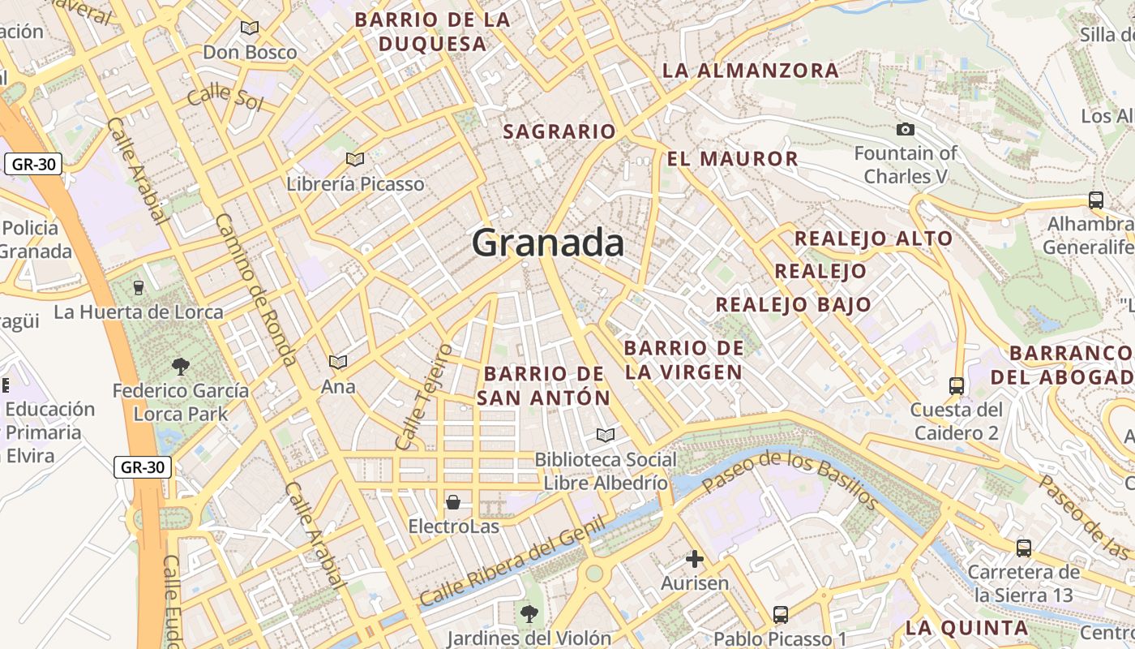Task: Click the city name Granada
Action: pos(548,243)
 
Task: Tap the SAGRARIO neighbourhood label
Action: pos(559,131)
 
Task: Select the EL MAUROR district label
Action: pos(732,158)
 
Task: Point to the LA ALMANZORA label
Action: pos(751,71)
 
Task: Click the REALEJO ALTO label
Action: pos(873,239)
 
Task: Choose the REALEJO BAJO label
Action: pos(793,305)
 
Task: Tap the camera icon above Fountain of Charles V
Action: pos(906,129)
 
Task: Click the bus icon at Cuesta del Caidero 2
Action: pos(957,385)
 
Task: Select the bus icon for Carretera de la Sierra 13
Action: pos(1024,548)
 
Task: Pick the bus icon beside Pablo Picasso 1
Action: pos(781,614)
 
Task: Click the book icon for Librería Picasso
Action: pos(354,159)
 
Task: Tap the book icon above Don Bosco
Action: pos(250,28)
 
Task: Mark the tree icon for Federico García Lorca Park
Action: pos(181,367)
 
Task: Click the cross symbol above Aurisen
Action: pos(695,559)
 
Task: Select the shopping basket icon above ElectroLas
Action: pos(453,502)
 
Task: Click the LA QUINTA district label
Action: pos(966,628)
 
